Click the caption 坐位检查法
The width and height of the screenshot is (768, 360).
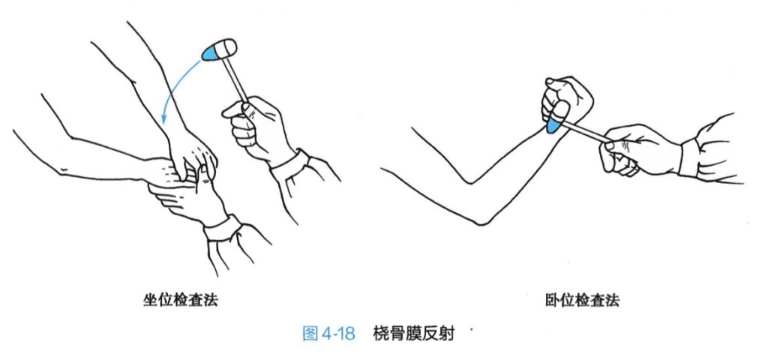(180, 300)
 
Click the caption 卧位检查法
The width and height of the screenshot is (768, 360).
(582, 300)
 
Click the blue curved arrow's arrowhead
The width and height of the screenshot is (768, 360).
(163, 119)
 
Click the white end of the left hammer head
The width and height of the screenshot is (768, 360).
(229, 47)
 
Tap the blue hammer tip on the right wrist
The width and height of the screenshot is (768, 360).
(554, 126)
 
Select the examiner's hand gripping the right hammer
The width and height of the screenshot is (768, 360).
(637, 149)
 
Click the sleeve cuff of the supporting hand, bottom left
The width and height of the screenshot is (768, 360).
(223, 227)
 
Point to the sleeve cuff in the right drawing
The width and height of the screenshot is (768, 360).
(688, 157)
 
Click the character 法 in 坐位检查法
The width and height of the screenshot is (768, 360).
(211, 300)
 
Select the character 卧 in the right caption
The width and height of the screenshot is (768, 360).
(552, 300)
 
